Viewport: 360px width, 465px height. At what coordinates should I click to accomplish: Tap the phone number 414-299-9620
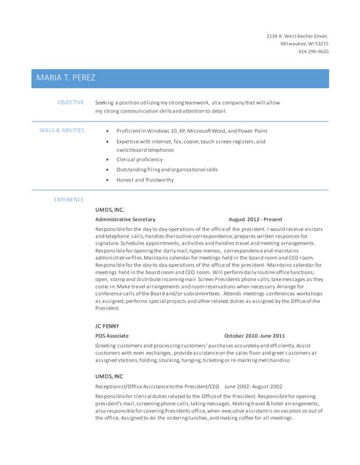tap(313, 52)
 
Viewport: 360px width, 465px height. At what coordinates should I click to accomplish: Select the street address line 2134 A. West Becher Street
tap(297, 36)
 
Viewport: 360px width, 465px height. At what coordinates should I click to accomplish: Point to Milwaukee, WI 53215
tap(304, 44)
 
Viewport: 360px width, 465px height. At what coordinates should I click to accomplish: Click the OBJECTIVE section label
tap(71, 102)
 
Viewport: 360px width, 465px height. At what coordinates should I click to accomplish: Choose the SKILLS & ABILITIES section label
tap(61, 130)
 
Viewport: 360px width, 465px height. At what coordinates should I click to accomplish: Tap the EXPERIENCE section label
tap(69, 200)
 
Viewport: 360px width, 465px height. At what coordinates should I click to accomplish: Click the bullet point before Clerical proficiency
tap(108, 159)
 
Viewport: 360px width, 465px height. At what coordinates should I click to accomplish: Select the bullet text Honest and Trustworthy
tap(145, 179)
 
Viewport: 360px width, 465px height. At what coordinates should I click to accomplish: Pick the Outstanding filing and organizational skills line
tap(167, 169)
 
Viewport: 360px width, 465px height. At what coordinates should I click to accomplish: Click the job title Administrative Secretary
tap(125, 219)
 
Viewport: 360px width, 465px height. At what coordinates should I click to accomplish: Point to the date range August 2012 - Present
tap(255, 219)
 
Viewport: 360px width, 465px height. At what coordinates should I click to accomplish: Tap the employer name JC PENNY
tap(107, 326)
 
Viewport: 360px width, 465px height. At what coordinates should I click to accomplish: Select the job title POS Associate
tap(112, 336)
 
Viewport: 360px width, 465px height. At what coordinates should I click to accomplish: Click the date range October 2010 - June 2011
tap(254, 336)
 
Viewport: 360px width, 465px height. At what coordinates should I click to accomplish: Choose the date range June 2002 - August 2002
tap(253, 386)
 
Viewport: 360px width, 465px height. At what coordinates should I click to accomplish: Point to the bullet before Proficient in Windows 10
tap(108, 130)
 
